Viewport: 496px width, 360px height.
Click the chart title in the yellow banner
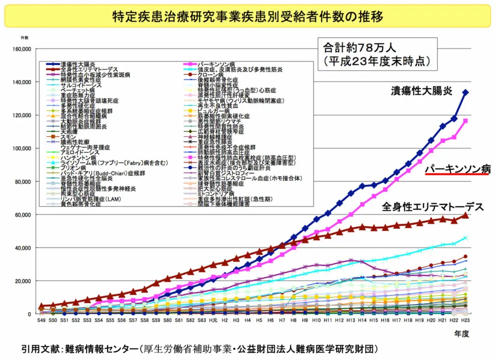click(x=248, y=16)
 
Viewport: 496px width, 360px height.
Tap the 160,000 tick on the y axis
click(x=21, y=49)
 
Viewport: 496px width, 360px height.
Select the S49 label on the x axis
click(x=41, y=321)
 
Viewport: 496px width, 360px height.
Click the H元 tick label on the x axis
click(x=213, y=321)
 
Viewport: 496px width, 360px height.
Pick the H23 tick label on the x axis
click(x=465, y=321)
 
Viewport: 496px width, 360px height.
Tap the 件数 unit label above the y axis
click(x=24, y=37)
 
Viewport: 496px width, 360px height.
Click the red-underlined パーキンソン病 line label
click(x=458, y=169)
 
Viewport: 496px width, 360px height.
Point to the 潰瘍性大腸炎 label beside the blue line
click(x=421, y=91)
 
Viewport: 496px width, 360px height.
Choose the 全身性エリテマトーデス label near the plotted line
click(x=432, y=207)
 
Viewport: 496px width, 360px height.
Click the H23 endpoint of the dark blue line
click(x=465, y=92)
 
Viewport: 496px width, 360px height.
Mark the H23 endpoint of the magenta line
click(x=465, y=121)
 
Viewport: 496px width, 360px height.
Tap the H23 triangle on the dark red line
click(x=465, y=215)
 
